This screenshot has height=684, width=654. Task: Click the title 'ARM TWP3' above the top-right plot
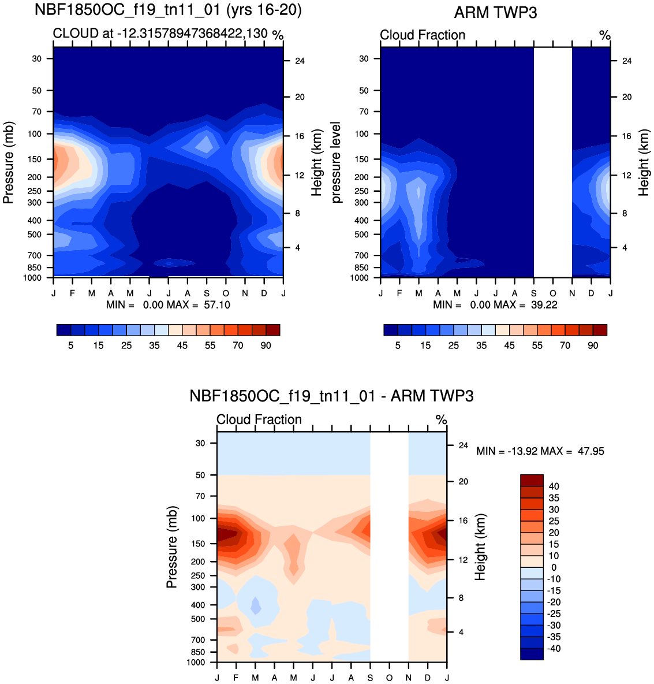(495, 12)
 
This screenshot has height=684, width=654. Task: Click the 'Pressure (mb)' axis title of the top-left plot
(8, 162)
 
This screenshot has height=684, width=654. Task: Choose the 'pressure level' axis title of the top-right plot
(336, 162)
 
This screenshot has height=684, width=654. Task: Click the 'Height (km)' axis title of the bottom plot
(480, 547)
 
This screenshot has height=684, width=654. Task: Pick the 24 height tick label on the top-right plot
(627, 61)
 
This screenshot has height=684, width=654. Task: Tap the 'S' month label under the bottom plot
(370, 677)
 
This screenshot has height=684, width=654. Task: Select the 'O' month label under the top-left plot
(226, 293)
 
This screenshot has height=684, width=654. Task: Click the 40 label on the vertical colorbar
(554, 486)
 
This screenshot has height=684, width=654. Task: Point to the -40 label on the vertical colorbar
(552, 648)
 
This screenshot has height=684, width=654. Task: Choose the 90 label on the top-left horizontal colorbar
(266, 345)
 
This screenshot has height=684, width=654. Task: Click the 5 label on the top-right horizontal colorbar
(398, 345)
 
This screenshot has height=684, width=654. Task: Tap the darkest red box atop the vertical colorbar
(532, 480)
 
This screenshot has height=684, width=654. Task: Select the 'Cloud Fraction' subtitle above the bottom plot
(259, 419)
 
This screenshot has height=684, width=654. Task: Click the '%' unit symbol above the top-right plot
(604, 35)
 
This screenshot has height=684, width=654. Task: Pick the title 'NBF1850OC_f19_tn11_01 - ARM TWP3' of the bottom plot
(331, 396)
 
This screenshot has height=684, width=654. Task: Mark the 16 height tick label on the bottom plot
(463, 521)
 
